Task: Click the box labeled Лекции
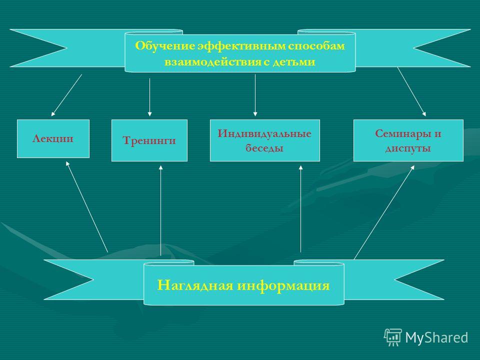coord(53,138)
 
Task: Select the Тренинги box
coord(149,140)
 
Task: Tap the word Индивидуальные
coord(264,133)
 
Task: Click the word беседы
coord(264,148)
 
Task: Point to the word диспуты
coord(408,148)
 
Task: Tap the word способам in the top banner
coord(316,46)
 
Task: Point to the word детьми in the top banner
coord(294,62)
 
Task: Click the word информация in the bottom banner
coord(283,286)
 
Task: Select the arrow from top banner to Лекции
coord(66,95)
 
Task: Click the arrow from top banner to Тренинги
coord(149,97)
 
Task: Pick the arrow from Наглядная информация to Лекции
coord(87,207)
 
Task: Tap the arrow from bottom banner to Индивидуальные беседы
coord(300,209)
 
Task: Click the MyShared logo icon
coord(392,337)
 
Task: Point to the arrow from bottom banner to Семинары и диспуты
coord(384,212)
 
